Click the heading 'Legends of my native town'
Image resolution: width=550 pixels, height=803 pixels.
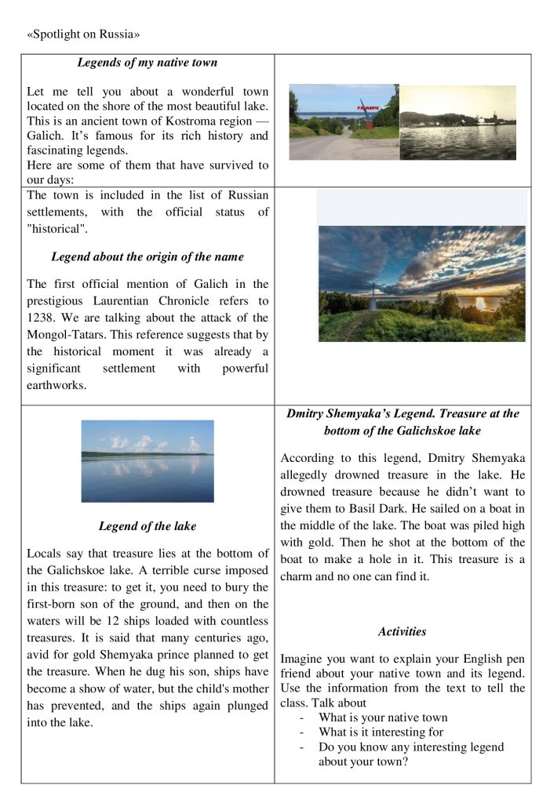pyautogui.click(x=147, y=62)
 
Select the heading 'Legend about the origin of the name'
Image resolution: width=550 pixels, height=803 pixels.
pyautogui.click(x=147, y=256)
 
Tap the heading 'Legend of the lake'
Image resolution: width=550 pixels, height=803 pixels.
pyautogui.click(x=147, y=525)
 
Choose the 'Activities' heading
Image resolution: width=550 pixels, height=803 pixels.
pyautogui.click(x=402, y=631)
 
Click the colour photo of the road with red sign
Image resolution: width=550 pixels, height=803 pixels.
pyautogui.click(x=344, y=122)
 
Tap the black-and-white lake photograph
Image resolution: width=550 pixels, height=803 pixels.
pyautogui.click(x=458, y=122)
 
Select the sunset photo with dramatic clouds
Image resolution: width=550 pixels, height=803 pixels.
pyautogui.click(x=421, y=283)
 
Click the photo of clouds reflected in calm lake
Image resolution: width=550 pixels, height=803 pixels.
pyautogui.click(x=147, y=460)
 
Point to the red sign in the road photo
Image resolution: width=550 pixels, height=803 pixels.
pyautogui.click(x=368, y=105)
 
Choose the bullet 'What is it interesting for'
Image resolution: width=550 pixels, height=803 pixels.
pyautogui.click(x=381, y=732)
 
